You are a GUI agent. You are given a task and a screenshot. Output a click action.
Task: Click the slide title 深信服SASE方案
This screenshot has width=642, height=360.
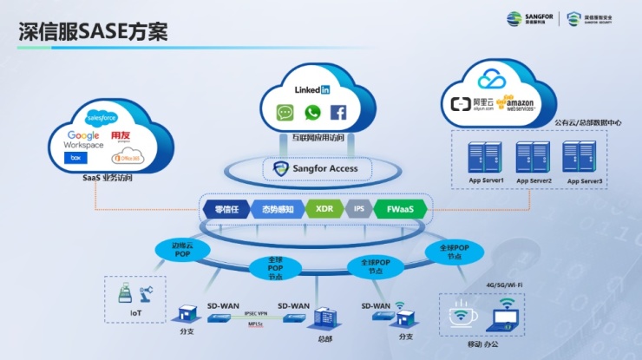[x=93, y=31]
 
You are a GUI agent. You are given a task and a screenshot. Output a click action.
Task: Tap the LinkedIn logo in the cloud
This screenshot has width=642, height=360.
[x=312, y=89]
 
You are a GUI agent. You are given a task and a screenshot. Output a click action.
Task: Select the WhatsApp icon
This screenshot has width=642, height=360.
[x=312, y=112]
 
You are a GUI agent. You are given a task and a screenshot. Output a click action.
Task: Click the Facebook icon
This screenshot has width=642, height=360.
[x=338, y=112]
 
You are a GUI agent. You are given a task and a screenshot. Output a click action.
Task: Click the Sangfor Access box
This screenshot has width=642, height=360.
[x=317, y=168]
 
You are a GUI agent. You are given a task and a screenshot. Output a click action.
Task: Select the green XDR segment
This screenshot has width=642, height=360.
[x=324, y=209]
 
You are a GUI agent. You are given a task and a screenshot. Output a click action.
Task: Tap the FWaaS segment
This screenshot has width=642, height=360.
[x=400, y=209]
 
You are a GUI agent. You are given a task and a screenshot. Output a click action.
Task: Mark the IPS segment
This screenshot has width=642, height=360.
[x=357, y=209]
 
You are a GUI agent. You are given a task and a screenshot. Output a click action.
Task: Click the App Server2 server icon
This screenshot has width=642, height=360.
[x=533, y=156]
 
